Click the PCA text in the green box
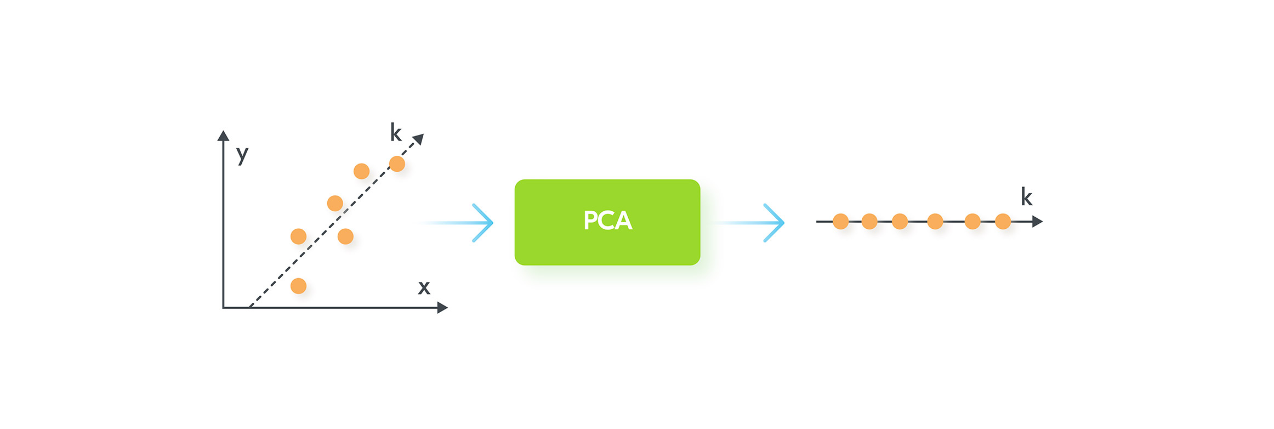pos(607,221)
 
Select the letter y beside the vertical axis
pos(242,155)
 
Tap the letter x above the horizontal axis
pos(424,288)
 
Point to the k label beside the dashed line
pos(396,132)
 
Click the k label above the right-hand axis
pos(1027,196)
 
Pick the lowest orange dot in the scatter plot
pos(298,286)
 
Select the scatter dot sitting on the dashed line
pos(397,163)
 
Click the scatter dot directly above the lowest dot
pos(298,236)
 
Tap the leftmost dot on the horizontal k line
pos(840,222)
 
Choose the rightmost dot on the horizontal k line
pos(1003,222)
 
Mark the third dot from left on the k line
pos(900,222)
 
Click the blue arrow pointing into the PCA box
pos(457,223)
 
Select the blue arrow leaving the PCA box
pos(748,223)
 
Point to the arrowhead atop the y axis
pos(223,136)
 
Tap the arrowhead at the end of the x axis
pos(442,308)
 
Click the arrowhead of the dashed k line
pos(419,139)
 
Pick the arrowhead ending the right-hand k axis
pos(1037,222)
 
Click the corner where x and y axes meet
pos(224,307)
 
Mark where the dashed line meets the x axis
pos(249,307)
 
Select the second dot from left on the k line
pos(869,222)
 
